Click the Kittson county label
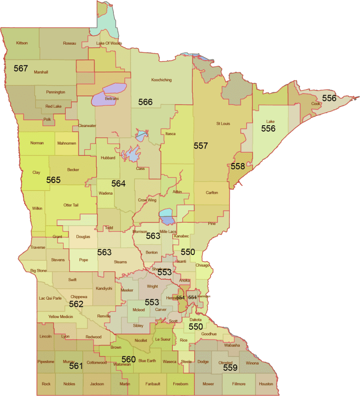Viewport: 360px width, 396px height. (x=22, y=43)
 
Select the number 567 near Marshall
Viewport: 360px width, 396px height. (x=21, y=69)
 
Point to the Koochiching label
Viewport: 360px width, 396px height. (x=161, y=80)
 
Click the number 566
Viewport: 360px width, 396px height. (x=145, y=102)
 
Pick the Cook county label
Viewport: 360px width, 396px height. (x=315, y=104)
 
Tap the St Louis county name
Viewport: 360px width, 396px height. (x=224, y=123)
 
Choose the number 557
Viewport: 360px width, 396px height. (x=201, y=146)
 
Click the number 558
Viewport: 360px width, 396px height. (x=238, y=166)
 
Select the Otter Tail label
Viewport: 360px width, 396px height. (x=71, y=205)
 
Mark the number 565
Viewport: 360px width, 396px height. (x=53, y=180)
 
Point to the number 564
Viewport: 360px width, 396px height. (x=118, y=183)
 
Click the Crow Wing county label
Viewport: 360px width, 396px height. (x=147, y=200)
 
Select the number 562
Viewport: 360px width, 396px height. (x=76, y=305)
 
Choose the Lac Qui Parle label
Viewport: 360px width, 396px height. (x=50, y=298)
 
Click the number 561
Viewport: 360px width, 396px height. (x=76, y=366)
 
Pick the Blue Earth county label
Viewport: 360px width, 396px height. (x=147, y=361)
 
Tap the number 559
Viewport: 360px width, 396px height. (x=230, y=368)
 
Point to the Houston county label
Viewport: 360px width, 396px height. (x=266, y=384)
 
